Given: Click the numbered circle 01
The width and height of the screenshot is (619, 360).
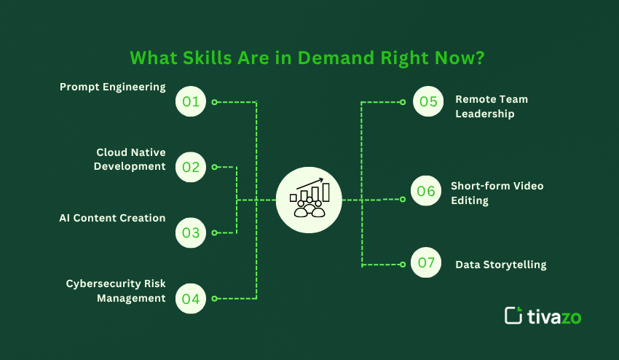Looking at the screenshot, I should [191, 101].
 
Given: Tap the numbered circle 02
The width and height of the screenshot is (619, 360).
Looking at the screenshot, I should [191, 167].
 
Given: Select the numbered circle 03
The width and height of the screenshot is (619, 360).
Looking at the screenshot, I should [191, 233].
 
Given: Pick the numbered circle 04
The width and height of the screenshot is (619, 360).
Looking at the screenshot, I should [191, 298].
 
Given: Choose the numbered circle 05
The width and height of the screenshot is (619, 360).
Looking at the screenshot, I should [428, 101].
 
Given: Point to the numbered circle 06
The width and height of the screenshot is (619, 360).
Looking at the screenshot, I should [426, 191].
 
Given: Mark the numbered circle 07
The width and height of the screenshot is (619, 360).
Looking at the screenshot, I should [426, 263].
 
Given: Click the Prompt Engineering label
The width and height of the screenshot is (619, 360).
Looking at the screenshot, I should [112, 87].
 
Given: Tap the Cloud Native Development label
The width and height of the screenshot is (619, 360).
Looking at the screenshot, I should [131, 160].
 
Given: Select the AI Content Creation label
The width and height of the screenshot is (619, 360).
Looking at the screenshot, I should [112, 218].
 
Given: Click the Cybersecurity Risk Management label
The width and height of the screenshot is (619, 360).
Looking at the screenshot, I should [116, 291].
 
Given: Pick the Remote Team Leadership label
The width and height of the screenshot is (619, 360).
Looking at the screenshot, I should [492, 106].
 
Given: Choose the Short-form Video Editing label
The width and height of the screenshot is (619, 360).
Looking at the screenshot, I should [497, 192].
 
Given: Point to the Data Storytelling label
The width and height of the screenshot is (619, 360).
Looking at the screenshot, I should [500, 265].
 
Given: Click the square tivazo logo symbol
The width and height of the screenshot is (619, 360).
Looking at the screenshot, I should [513, 315].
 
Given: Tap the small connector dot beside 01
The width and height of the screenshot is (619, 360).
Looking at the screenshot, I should [214, 102].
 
